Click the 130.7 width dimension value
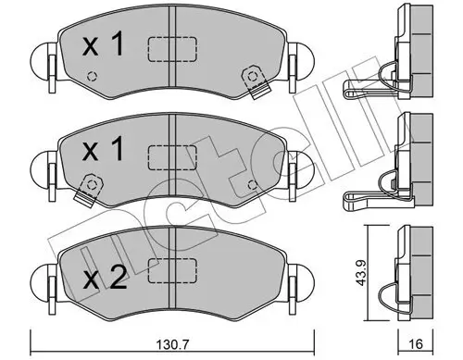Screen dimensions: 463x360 tap(172, 343)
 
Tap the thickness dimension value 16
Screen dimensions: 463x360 tap(416, 343)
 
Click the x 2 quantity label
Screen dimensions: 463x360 tap(105, 277)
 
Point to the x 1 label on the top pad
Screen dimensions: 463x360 tap(103, 43)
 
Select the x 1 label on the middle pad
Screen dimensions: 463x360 tap(103, 149)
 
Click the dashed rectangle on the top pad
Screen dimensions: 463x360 tap(172, 49)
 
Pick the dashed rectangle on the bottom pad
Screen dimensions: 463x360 tap(172, 270)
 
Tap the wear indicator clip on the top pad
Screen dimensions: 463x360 tap(256, 81)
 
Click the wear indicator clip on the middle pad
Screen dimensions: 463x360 tap(89, 190)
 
